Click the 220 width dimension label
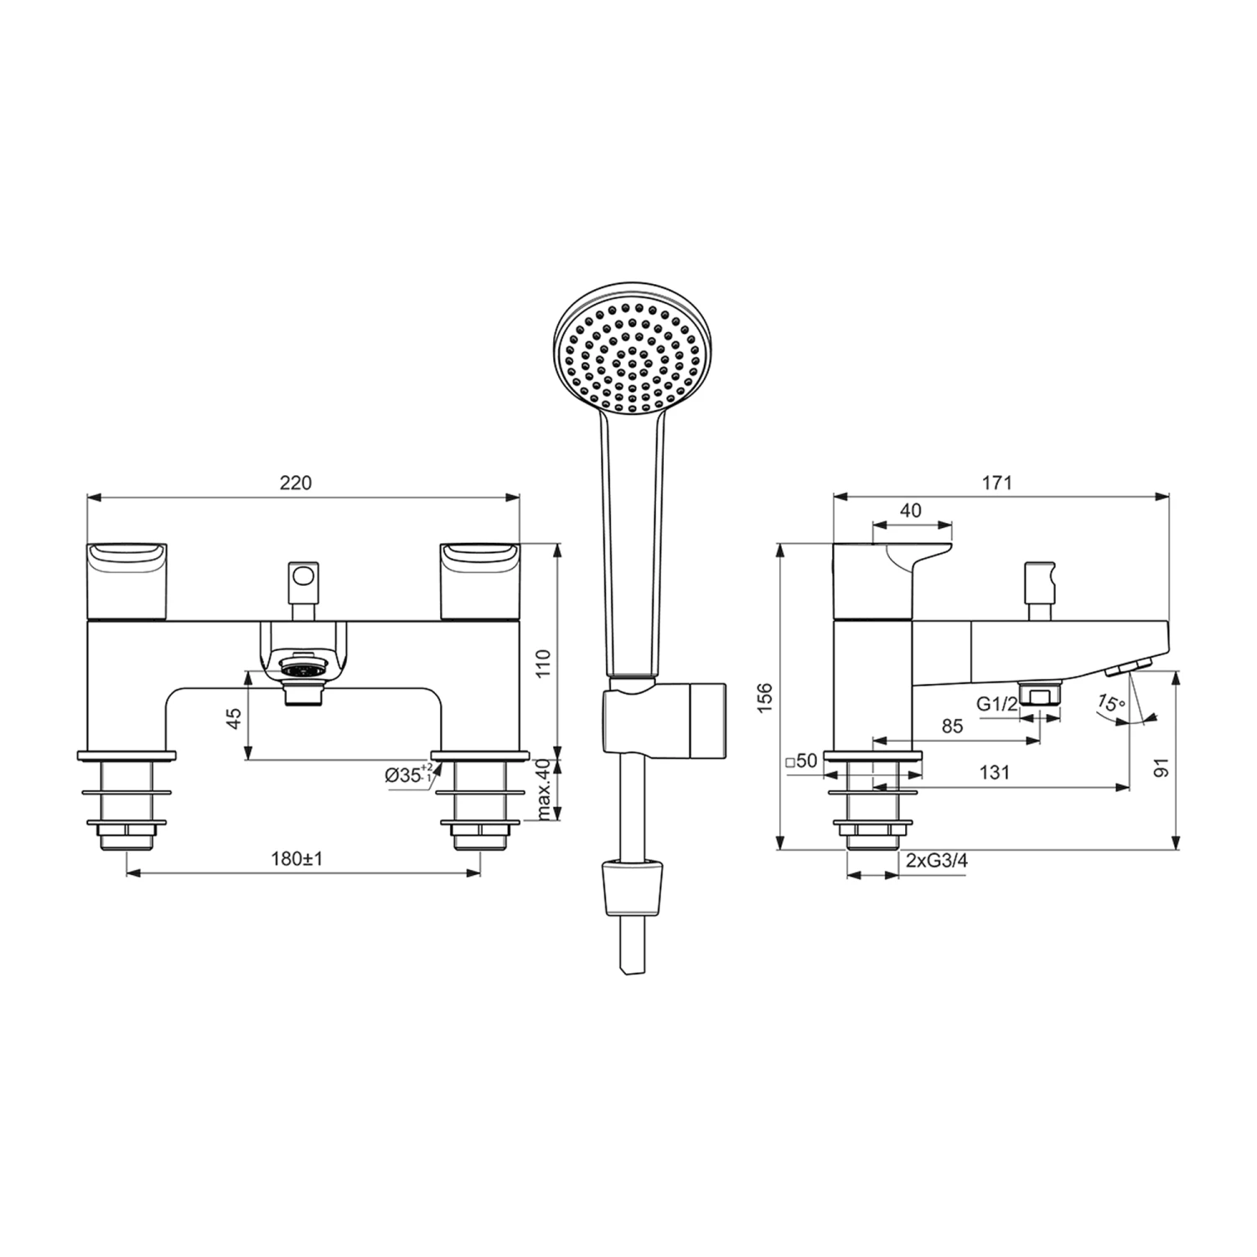tap(295, 483)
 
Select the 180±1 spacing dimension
tap(297, 858)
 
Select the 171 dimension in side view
tap(997, 483)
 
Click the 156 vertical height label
tap(764, 698)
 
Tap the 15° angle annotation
tap(1111, 702)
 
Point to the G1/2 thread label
tap(996, 704)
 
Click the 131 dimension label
tap(994, 772)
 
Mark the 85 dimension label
tap(952, 727)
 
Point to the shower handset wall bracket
tap(662, 718)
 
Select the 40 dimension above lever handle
tap(911, 510)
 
